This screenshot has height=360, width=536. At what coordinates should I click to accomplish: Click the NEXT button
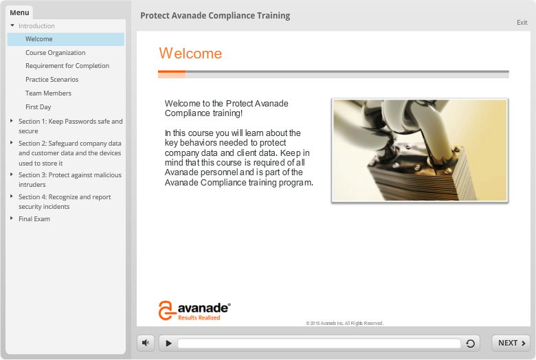[x=511, y=343]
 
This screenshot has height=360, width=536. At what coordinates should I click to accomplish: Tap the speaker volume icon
[x=146, y=343]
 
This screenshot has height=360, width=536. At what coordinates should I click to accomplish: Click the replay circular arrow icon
[x=470, y=344]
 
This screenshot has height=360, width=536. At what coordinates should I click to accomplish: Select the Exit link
[x=522, y=23]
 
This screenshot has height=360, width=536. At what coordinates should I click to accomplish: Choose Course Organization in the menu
[x=56, y=53]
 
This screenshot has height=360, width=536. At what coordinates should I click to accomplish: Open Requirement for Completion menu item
[x=67, y=66]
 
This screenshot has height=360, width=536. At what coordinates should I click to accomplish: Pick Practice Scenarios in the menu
[x=52, y=79]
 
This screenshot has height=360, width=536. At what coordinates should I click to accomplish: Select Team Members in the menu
[x=48, y=93]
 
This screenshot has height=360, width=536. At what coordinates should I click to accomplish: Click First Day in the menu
[x=38, y=107]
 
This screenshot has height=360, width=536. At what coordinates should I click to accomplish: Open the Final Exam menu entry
[x=34, y=218]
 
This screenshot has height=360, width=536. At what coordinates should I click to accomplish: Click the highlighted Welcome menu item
[x=66, y=39]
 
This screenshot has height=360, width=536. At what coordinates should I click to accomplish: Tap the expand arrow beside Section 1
[x=12, y=121]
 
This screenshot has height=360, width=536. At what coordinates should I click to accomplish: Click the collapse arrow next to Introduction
[x=12, y=25]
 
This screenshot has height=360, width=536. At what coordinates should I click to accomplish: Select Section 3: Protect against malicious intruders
[x=70, y=179]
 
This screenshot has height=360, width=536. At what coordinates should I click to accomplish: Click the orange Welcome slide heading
[x=190, y=54]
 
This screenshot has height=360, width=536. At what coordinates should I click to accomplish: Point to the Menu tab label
[x=19, y=12]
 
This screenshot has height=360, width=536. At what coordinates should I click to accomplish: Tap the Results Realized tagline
[x=199, y=317]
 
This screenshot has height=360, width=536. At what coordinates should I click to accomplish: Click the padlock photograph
[x=420, y=150]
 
